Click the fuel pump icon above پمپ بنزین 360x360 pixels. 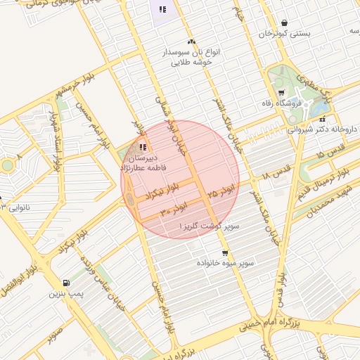click(66, 282)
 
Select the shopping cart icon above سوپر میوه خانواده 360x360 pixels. click(224, 253)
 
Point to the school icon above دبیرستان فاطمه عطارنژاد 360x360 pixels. click(143, 147)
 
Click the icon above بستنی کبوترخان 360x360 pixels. click(284, 22)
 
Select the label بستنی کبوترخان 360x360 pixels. click(284, 34)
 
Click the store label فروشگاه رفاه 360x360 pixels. click(298, 104)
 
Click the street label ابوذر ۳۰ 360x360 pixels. click(174, 209)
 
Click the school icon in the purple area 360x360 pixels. click(162, 9)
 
